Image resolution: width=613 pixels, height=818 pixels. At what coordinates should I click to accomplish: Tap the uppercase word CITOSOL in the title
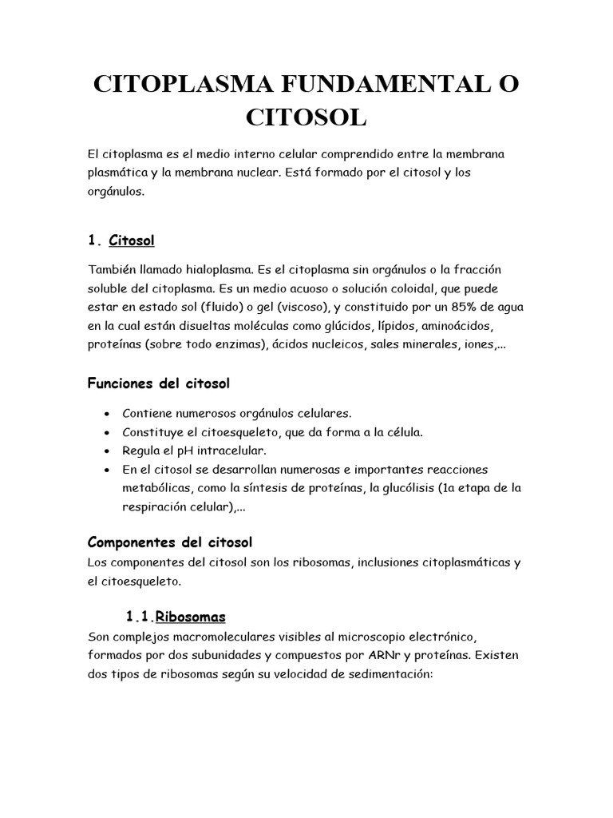[x=306, y=118]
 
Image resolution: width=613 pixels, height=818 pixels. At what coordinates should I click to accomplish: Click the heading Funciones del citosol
[x=158, y=384]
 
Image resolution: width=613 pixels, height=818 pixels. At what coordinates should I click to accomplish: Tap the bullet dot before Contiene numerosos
[x=107, y=414]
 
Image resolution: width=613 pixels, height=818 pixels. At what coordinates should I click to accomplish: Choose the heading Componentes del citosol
[x=169, y=542]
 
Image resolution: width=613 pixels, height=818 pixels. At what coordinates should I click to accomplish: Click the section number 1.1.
[x=140, y=617]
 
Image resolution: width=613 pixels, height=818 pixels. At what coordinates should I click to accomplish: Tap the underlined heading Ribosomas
[x=191, y=617]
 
